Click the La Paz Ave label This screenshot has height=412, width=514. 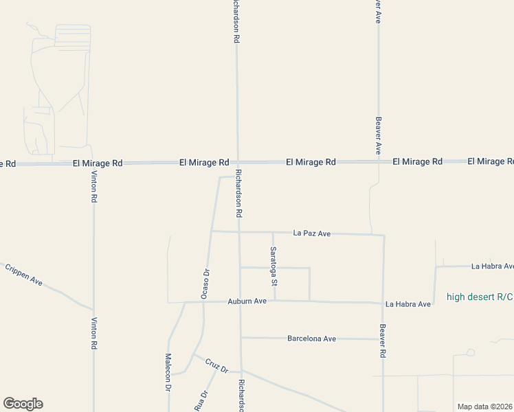[x=311, y=233]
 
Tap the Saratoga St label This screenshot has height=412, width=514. [x=273, y=266]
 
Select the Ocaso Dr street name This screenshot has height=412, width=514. [x=205, y=282]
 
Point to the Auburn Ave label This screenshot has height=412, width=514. [x=247, y=301]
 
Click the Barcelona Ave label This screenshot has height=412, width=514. [x=311, y=339]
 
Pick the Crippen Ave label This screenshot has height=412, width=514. [x=24, y=275]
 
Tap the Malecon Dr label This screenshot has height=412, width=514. [x=168, y=373]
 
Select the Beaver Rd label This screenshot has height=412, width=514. [x=383, y=341]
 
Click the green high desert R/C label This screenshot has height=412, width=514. [x=480, y=297]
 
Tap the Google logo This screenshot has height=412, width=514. [x=23, y=404]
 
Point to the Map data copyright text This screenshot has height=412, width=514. [x=484, y=407]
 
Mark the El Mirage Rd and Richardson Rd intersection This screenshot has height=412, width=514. [x=238, y=162]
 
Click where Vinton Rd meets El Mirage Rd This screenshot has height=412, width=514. [x=93, y=163]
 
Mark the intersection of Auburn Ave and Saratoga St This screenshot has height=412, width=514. [x=275, y=301]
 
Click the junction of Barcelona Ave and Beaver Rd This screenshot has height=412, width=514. [x=383, y=339]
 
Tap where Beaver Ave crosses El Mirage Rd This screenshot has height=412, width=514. [x=379, y=161]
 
